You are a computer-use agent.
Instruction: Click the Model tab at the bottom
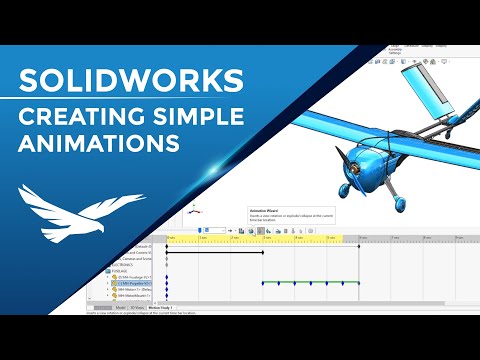coord(120,308)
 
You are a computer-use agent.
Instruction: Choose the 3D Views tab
coord(137,308)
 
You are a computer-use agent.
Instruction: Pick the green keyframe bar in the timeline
coord(310,283)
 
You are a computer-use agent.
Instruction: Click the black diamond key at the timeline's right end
coord(359,283)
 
